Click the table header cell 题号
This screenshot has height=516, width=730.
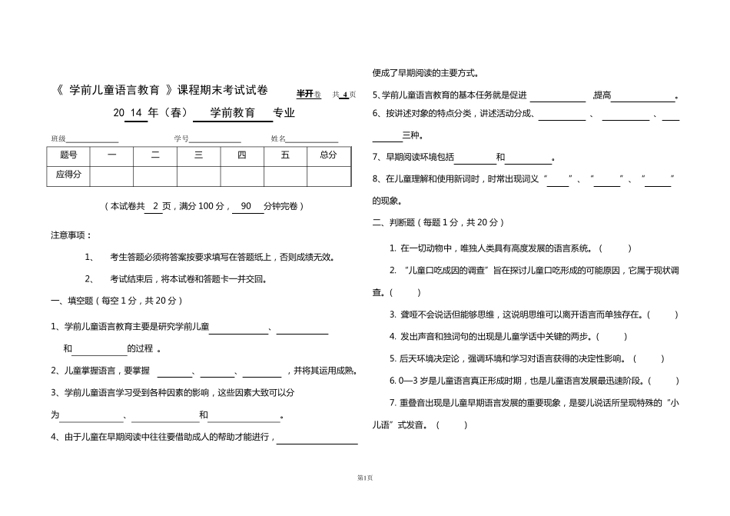pos(68,155)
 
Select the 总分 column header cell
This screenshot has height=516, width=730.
pos(328,155)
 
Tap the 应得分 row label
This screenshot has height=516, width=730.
pos(68,175)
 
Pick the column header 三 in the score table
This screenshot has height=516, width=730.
pos(198,155)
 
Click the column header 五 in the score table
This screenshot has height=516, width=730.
pos(285,155)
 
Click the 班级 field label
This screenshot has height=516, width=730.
pos(58,138)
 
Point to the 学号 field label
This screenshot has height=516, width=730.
pos(181,138)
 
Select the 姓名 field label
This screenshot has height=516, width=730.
pos(278,138)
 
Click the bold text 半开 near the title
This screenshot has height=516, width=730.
pos(304,94)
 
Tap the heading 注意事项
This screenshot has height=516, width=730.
pos(71,235)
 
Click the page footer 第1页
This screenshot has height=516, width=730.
pos(364,478)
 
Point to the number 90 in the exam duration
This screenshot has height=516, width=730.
pos(247,206)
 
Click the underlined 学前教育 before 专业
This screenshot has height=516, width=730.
pos(232,113)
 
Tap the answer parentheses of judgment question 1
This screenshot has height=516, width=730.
pos(614,248)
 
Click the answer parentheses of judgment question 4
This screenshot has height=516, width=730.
pos(612,336)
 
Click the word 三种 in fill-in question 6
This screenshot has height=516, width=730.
pos(412,135)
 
